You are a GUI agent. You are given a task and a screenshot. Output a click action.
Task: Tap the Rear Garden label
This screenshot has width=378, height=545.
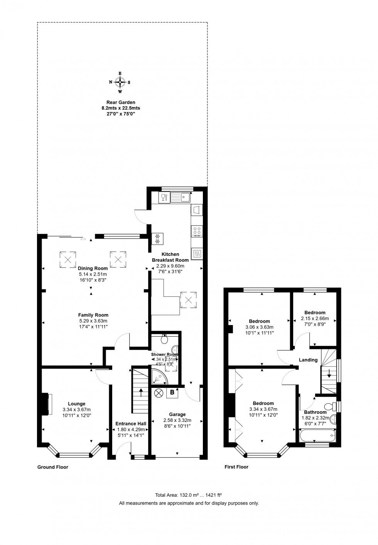coord(121,102)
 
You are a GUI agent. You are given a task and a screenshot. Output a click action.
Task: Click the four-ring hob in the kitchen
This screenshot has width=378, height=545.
coord(196,231)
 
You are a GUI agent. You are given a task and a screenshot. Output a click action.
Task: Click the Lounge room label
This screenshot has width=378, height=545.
coord(76,404)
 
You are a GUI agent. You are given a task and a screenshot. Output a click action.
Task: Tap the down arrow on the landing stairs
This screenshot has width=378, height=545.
coord(329,373)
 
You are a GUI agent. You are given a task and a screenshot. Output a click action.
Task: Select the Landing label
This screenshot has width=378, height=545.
coord(308,360)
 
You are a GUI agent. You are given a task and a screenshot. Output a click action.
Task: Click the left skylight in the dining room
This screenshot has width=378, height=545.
coord(67,259)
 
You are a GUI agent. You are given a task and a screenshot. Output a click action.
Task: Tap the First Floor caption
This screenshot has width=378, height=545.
coord(236,467)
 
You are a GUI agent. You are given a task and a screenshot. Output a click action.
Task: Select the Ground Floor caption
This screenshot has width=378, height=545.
coord(52,467)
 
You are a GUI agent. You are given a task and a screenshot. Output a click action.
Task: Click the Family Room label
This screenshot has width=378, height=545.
coord(93,315)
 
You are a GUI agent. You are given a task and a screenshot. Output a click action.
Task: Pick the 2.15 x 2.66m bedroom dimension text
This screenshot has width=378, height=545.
coord(315,318)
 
